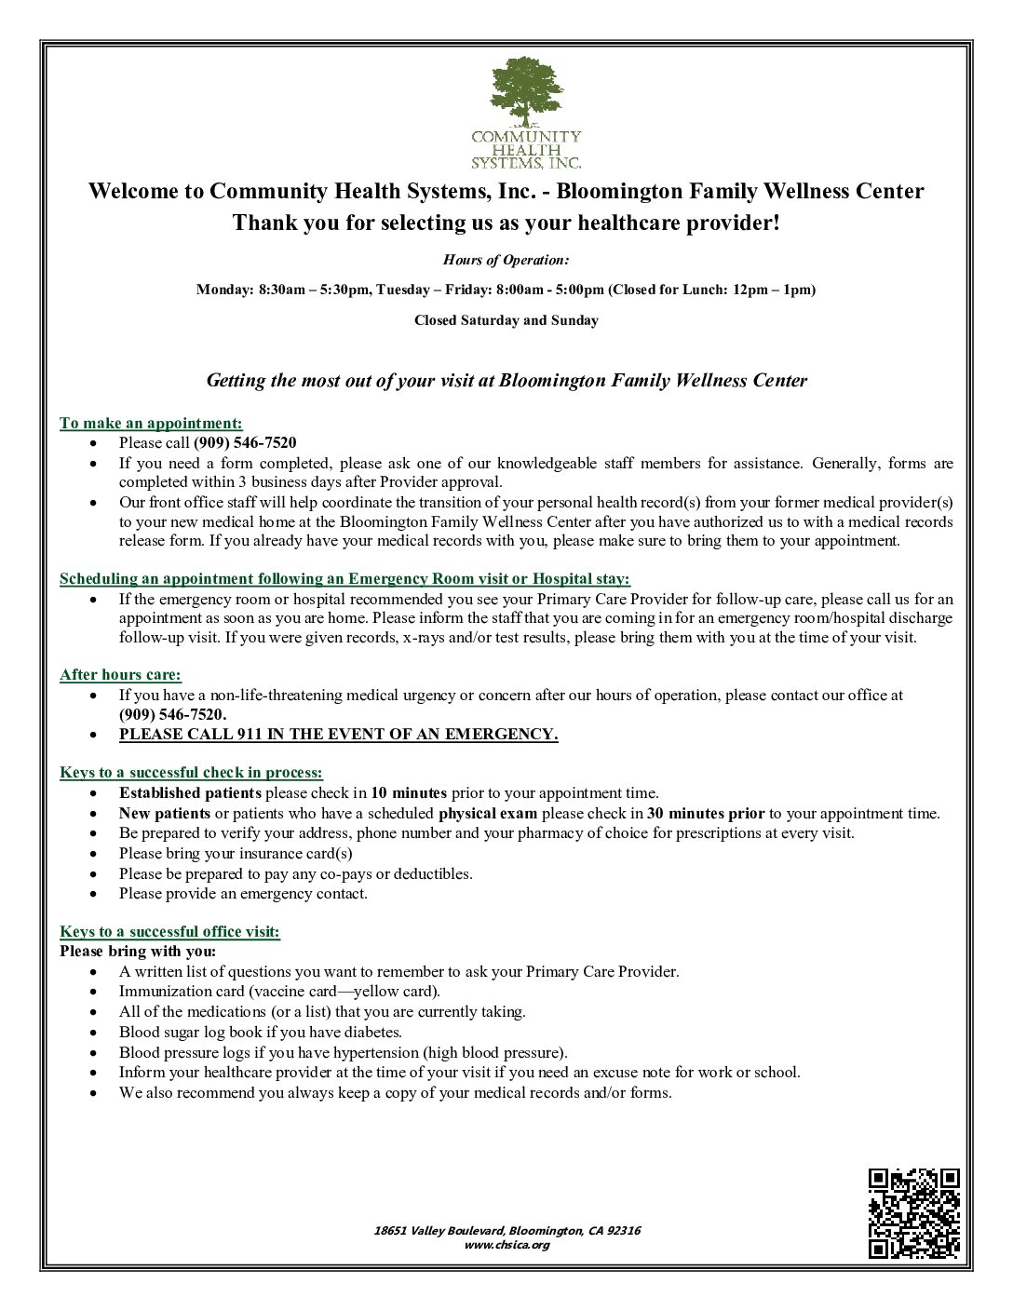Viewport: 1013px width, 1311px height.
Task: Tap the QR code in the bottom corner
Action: tap(913, 1212)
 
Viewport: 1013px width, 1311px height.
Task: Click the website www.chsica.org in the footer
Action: tap(506, 1245)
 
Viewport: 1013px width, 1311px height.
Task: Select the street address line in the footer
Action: tap(506, 1230)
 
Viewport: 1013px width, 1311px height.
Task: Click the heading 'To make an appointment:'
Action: tap(151, 423)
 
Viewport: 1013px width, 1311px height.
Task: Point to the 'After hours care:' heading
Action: tap(120, 674)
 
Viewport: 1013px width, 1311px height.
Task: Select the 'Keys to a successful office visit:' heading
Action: tap(169, 931)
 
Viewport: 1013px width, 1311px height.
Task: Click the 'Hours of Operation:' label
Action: tap(506, 260)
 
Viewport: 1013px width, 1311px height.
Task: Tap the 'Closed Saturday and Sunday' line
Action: tap(506, 320)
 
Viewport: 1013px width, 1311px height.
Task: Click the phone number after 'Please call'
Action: tap(245, 442)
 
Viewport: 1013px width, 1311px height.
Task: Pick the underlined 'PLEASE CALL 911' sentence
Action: tap(338, 734)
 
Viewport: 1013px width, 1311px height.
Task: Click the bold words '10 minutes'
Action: tap(409, 793)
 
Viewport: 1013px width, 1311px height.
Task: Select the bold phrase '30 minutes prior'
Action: tap(706, 813)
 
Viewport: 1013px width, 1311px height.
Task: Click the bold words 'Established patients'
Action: tap(190, 793)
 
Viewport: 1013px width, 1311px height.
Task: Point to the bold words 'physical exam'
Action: tap(488, 813)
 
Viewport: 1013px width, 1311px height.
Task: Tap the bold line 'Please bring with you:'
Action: tap(138, 951)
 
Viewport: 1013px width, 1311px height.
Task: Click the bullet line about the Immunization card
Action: tap(279, 992)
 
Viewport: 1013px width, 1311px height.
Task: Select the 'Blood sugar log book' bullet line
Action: tap(260, 1032)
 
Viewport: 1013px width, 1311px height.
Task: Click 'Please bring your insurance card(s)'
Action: tap(235, 853)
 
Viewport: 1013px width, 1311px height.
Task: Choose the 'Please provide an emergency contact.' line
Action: tap(243, 893)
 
